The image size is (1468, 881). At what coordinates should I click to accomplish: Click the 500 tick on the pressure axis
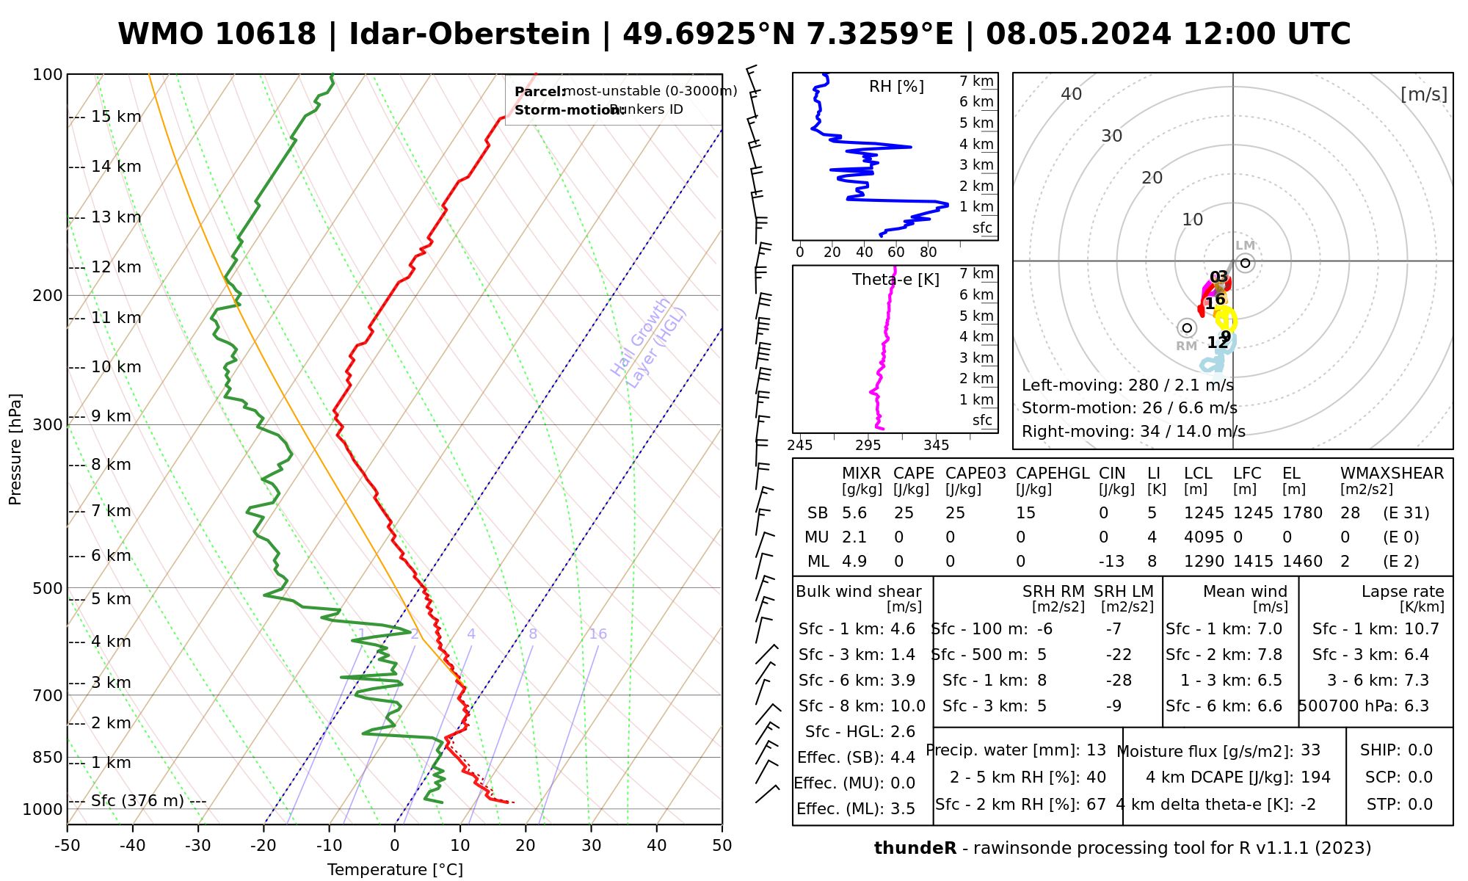(x=48, y=588)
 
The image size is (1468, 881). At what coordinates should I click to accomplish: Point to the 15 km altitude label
(x=116, y=117)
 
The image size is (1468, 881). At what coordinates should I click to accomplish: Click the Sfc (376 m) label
(x=137, y=800)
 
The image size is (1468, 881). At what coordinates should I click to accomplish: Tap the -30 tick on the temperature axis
(x=198, y=846)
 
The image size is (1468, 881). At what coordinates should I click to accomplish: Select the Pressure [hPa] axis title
(x=15, y=449)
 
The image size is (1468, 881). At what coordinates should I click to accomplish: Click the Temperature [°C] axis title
(x=395, y=870)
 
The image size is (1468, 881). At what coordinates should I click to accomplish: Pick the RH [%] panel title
(x=896, y=87)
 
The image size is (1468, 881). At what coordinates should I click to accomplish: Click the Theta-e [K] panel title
(x=895, y=280)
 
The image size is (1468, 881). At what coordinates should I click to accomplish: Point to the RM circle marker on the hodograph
(x=1187, y=327)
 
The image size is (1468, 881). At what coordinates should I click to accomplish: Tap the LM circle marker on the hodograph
(x=1245, y=263)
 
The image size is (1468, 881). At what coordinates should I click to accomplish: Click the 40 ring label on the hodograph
(x=1072, y=94)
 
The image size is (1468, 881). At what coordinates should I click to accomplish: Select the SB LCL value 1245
(x=1204, y=513)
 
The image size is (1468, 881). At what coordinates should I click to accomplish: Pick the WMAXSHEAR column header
(x=1392, y=474)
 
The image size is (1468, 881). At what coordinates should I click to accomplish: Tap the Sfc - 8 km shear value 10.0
(x=908, y=706)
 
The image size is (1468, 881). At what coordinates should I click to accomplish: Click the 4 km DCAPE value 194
(x=1315, y=777)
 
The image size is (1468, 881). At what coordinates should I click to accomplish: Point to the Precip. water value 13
(x=1096, y=750)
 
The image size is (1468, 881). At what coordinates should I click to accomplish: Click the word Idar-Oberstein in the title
(x=470, y=35)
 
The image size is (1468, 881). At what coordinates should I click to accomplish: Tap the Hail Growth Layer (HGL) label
(x=649, y=343)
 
